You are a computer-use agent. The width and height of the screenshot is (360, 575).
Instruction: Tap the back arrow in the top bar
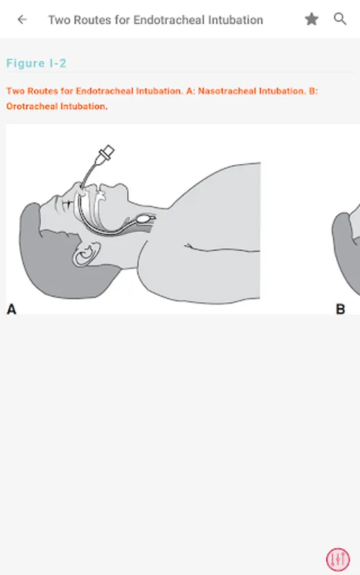point(22,19)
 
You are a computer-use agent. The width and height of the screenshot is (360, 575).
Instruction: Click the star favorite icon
point(311,19)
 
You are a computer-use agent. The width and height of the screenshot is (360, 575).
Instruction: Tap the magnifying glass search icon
point(340,19)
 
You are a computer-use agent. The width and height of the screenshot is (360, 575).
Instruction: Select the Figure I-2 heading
point(36,63)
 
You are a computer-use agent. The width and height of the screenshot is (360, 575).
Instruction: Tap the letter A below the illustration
point(12,309)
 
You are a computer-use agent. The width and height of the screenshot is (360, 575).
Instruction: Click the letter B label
point(341,309)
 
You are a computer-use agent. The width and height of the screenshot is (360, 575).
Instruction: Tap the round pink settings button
point(338,559)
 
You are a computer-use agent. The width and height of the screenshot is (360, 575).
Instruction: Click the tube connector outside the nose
point(106,153)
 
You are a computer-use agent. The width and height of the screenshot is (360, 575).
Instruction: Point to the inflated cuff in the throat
point(143,220)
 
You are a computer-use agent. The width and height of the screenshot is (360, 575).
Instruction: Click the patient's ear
point(86,254)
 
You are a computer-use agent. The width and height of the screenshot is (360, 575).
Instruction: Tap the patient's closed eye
point(68,203)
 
